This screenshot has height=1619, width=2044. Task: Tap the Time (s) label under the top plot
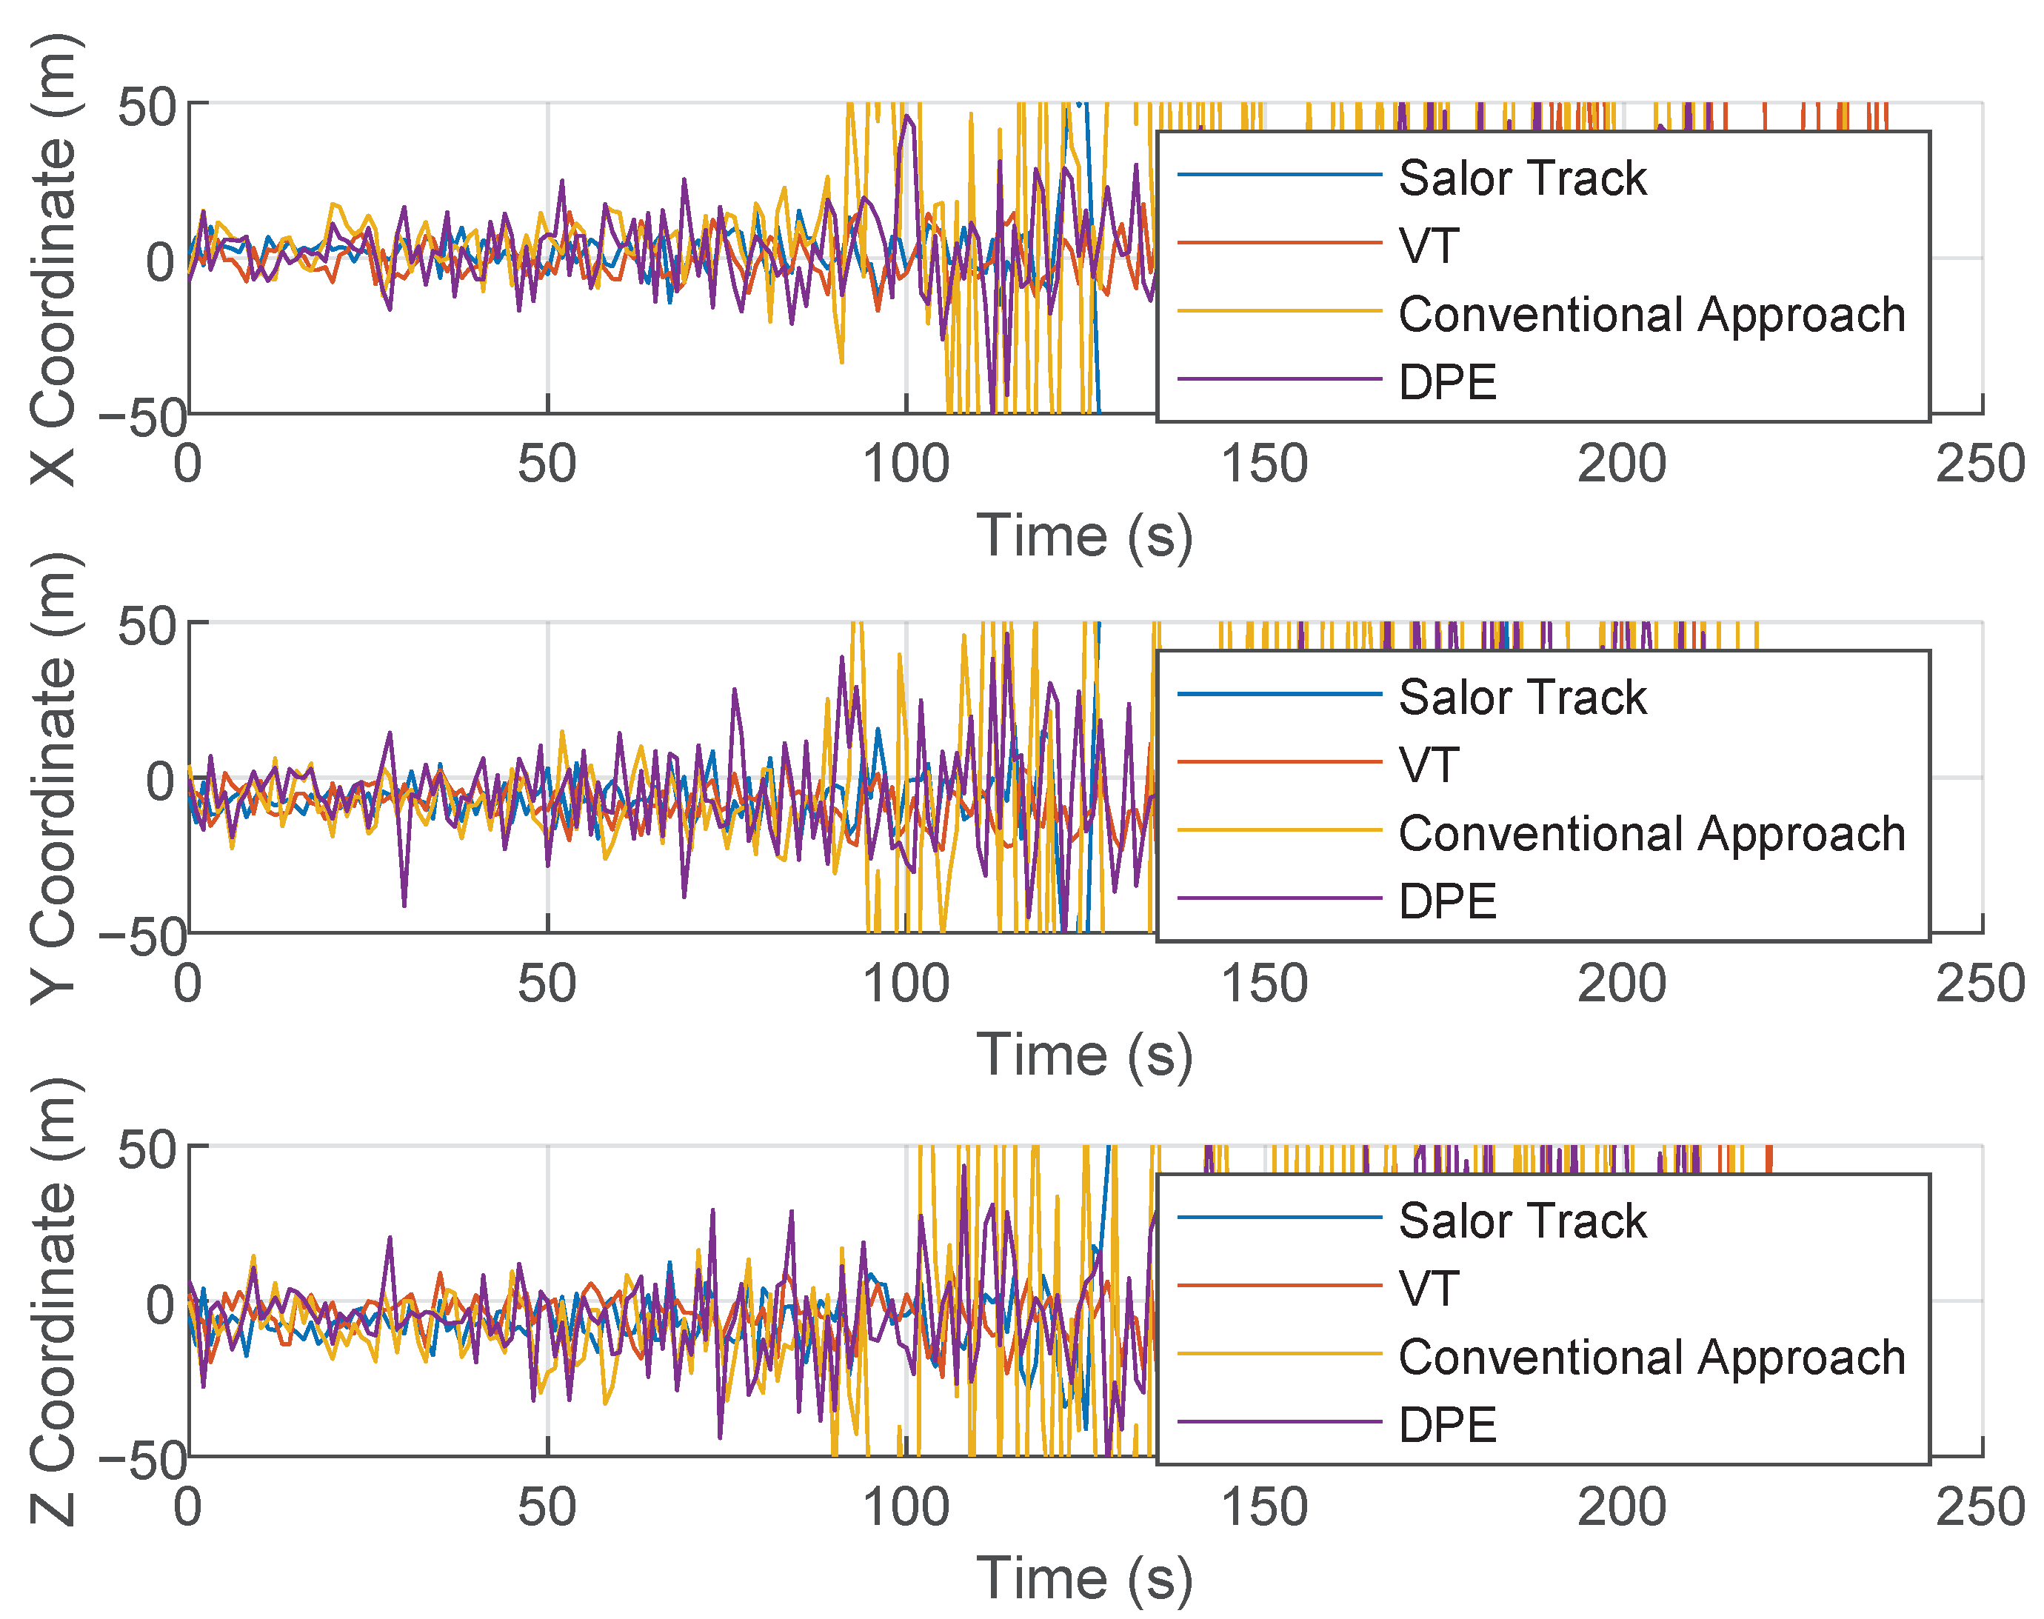tap(1084, 536)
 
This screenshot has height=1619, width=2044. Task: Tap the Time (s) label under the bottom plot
tap(1084, 1579)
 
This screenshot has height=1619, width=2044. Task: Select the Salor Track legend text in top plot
tap(1522, 178)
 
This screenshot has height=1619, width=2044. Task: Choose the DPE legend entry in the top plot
tap(1447, 383)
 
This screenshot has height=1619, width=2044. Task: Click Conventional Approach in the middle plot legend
tap(1651, 834)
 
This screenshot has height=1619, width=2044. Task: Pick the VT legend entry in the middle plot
tap(1429, 766)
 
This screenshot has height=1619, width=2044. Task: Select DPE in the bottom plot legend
tap(1447, 1426)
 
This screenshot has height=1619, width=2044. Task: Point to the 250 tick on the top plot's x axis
tap(1980, 464)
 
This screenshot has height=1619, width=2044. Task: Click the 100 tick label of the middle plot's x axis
tap(905, 984)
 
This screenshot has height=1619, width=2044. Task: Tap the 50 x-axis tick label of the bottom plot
tap(547, 1507)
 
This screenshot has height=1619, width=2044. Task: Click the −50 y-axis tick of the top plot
tap(142, 418)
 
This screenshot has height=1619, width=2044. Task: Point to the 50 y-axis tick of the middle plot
tap(147, 627)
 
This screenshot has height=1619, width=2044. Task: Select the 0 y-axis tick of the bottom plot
tap(161, 1305)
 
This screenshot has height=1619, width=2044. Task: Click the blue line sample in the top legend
tap(1279, 174)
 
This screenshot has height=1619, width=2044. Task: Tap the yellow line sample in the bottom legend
tap(1279, 1354)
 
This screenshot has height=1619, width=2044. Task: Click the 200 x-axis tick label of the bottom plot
tap(1621, 1507)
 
